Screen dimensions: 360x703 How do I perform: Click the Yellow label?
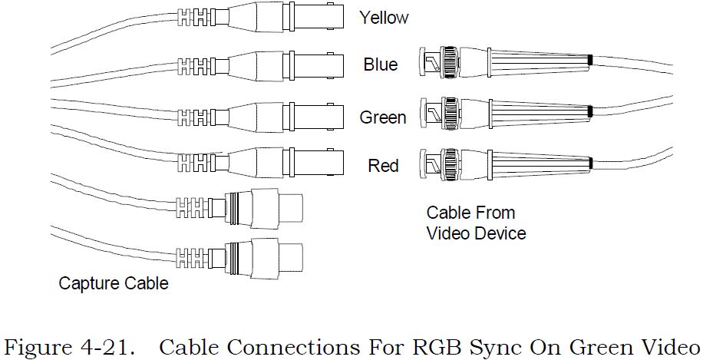(x=384, y=18)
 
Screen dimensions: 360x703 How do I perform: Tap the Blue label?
(x=381, y=64)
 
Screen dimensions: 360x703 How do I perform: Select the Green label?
(x=383, y=117)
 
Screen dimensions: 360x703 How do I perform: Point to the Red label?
(x=383, y=165)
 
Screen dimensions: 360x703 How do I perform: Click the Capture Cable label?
(x=114, y=284)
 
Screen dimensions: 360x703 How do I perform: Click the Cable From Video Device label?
(x=476, y=223)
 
